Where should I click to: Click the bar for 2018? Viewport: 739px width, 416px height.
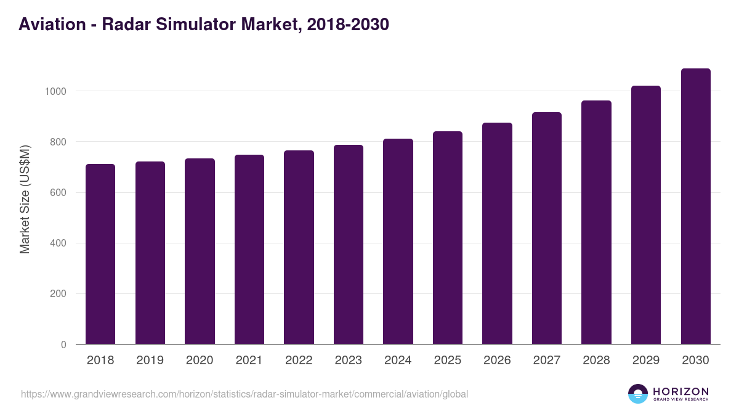100,254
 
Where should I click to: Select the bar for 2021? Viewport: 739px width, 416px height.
249,250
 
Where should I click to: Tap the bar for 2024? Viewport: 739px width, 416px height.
398,242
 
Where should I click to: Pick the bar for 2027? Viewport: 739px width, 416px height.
547,228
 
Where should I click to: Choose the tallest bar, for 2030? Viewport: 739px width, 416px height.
695,206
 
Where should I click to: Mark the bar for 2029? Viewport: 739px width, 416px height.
646,215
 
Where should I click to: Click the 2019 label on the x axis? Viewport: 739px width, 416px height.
150,361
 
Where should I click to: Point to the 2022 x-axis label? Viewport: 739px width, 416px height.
299,361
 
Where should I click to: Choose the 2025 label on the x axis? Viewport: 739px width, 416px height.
448,361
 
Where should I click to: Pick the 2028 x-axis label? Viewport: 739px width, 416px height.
596,361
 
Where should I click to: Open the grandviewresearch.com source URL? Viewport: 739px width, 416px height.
244,394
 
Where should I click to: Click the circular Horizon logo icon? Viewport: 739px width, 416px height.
638,394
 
